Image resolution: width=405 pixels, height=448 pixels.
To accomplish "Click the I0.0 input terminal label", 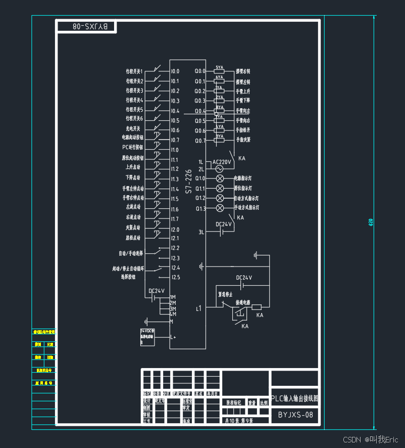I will pyautogui.click(x=175, y=71).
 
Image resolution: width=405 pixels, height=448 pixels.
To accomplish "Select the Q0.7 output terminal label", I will pyautogui.click(x=200, y=140).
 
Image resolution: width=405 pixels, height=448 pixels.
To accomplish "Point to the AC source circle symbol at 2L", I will pyautogui.click(x=220, y=169).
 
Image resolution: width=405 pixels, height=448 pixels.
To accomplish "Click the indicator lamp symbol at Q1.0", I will pyautogui.click(x=220, y=178).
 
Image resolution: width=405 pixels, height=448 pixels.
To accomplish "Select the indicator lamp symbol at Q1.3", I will pyautogui.click(x=220, y=208).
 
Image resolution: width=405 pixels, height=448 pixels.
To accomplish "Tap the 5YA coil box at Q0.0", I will pyautogui.click(x=220, y=71).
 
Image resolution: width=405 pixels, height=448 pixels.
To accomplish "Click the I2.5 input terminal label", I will pyautogui.click(x=175, y=277).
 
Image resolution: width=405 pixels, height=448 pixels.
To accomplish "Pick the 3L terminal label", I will pyautogui.click(x=201, y=233).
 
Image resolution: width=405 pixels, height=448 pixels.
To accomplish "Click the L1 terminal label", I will pyautogui.click(x=198, y=308).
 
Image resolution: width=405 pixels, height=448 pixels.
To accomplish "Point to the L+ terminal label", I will pyautogui.click(x=173, y=337).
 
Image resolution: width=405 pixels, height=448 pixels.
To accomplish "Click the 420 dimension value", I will pyautogui.click(x=371, y=222).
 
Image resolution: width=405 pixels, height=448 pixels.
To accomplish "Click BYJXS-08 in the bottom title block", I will pyautogui.click(x=295, y=415).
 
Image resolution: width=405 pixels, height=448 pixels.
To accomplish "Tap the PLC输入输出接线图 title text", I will pyautogui.click(x=295, y=398).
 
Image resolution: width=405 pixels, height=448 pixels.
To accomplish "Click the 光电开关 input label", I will pyautogui.click(x=133, y=129).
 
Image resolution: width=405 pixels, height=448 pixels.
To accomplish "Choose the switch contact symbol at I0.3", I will pyautogui.click(x=158, y=99).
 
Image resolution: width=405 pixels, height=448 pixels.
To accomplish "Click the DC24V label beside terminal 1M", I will pyautogui.click(x=157, y=291).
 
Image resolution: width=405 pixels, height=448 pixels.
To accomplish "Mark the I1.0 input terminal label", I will pyautogui.click(x=175, y=150).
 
